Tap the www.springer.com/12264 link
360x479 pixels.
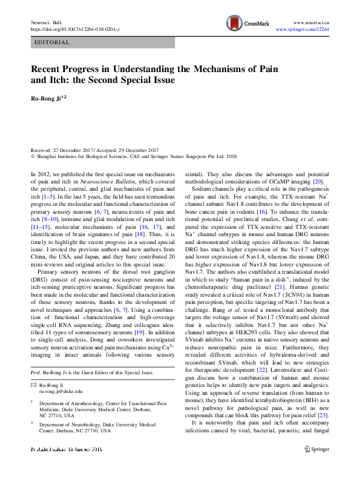tap(303, 29)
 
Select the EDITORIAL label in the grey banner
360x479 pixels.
tap(53, 43)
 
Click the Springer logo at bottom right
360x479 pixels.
tap(316, 466)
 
